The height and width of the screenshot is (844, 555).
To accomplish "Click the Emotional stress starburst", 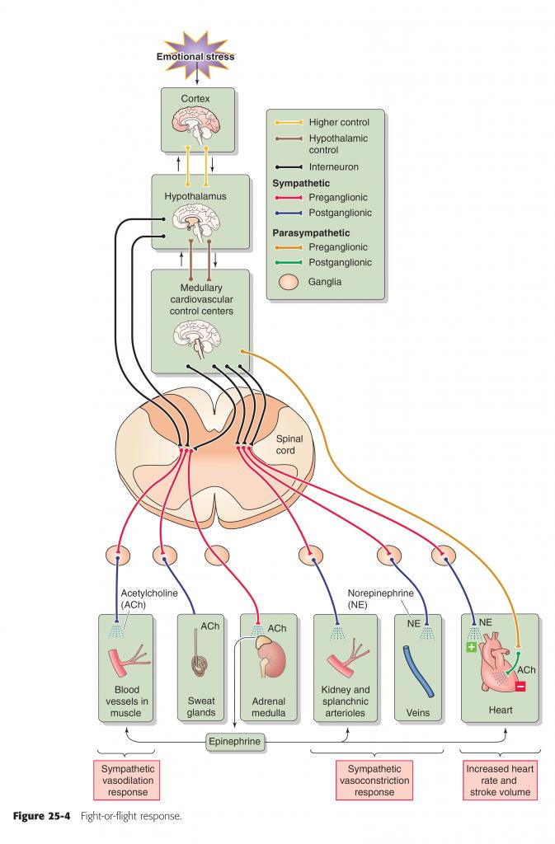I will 196,56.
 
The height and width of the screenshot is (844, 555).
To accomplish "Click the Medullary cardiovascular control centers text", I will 202,300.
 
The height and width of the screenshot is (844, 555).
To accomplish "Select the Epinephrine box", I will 236,742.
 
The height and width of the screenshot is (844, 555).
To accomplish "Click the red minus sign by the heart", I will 520,686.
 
